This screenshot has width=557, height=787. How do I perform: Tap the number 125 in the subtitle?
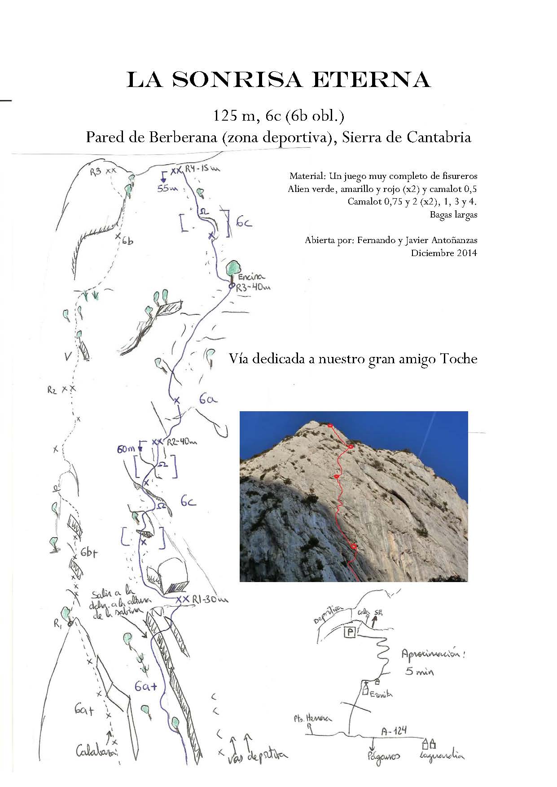click(x=223, y=116)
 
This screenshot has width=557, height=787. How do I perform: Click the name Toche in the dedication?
click(x=459, y=359)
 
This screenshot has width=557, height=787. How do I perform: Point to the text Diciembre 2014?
click(x=444, y=253)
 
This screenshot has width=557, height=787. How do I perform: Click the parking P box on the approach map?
click(x=350, y=632)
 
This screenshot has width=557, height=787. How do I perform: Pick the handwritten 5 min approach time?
click(x=420, y=672)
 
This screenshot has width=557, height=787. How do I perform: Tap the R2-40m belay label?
click(x=182, y=442)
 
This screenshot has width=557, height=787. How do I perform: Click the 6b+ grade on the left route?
click(x=89, y=553)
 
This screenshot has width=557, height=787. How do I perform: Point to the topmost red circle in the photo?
click(x=330, y=425)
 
